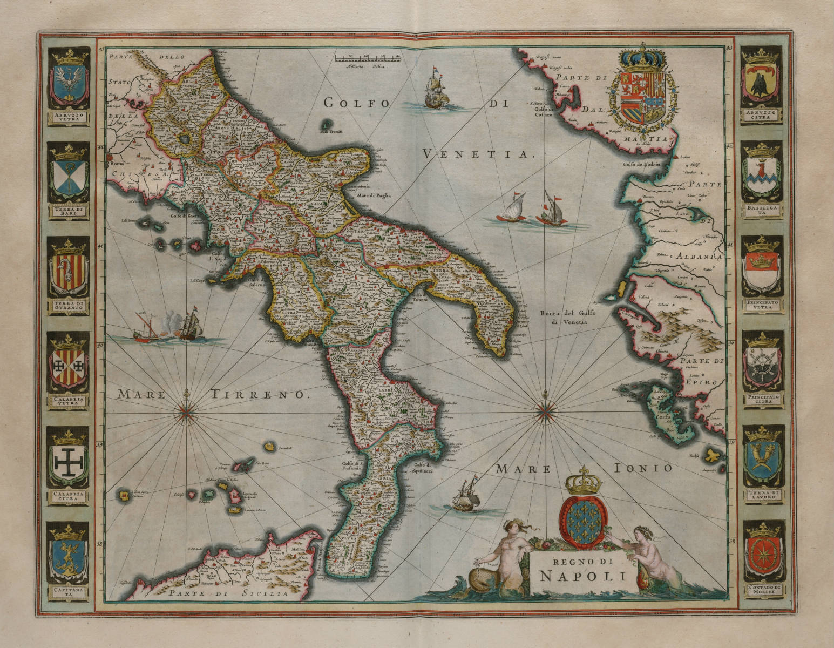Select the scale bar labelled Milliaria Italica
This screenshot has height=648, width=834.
pos(367,57)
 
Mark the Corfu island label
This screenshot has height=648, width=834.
pos(662,417)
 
